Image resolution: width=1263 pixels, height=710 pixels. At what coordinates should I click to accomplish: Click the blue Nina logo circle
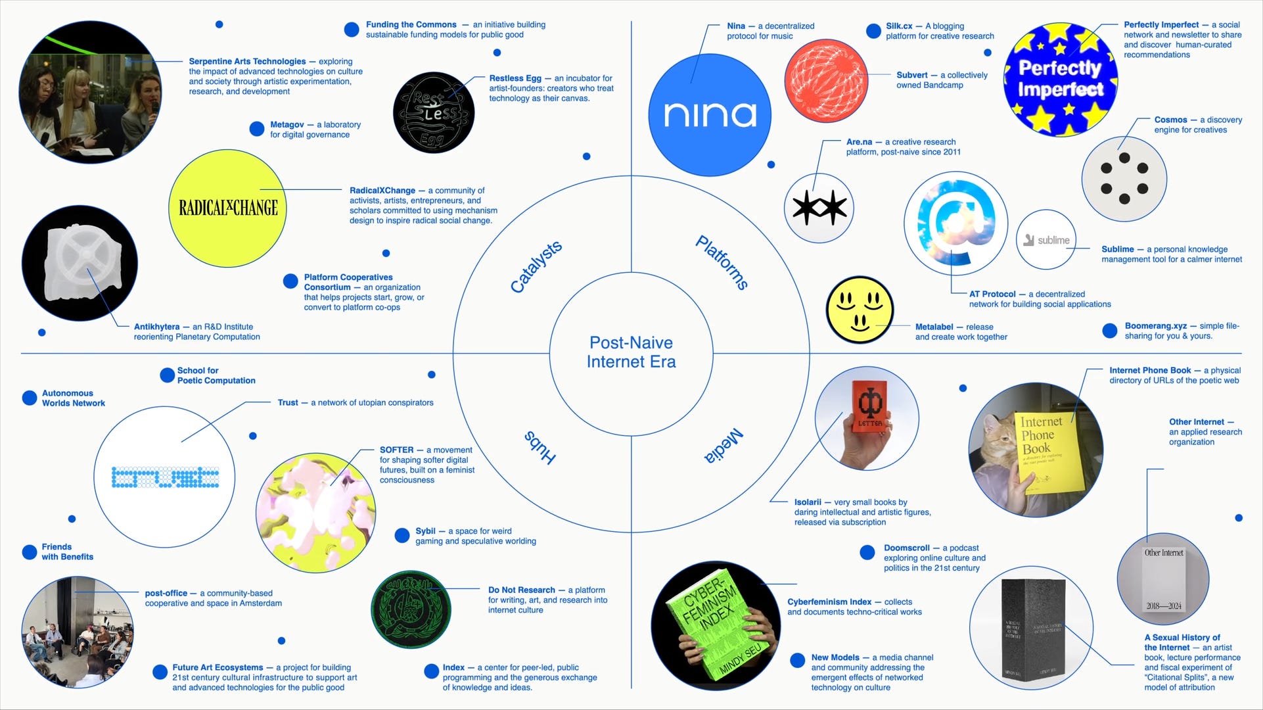(709, 115)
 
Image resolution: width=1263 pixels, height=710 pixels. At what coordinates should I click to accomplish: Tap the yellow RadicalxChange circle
(228, 208)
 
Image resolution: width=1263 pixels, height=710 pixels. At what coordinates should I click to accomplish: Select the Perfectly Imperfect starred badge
(1061, 79)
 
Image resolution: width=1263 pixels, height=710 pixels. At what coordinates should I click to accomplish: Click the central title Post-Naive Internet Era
(631, 352)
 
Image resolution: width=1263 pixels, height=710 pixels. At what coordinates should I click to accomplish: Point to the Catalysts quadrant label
(536, 266)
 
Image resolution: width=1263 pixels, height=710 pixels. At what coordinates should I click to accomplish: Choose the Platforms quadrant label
(722, 262)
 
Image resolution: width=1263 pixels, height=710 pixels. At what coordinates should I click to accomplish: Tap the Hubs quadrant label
(540, 447)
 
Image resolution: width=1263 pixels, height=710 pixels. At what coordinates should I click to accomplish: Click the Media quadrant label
(723, 446)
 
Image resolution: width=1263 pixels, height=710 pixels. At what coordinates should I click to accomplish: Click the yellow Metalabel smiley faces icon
(860, 310)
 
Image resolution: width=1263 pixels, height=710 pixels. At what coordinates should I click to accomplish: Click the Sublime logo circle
(1046, 240)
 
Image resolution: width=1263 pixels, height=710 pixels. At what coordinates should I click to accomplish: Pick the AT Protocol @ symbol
(956, 224)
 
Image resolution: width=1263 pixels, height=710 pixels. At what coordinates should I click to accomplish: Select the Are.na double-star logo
(819, 208)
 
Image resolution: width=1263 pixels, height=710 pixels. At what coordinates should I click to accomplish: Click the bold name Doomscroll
(906, 548)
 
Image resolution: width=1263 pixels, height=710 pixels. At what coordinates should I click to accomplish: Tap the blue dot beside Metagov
(257, 129)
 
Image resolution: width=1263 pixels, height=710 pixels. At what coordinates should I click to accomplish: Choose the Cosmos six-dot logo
(1124, 179)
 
